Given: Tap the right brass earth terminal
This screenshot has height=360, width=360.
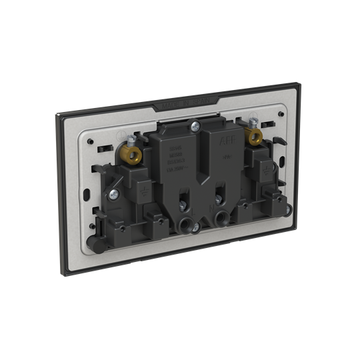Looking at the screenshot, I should [x=253, y=137].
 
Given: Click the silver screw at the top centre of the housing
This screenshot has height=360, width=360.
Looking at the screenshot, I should [x=194, y=124].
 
